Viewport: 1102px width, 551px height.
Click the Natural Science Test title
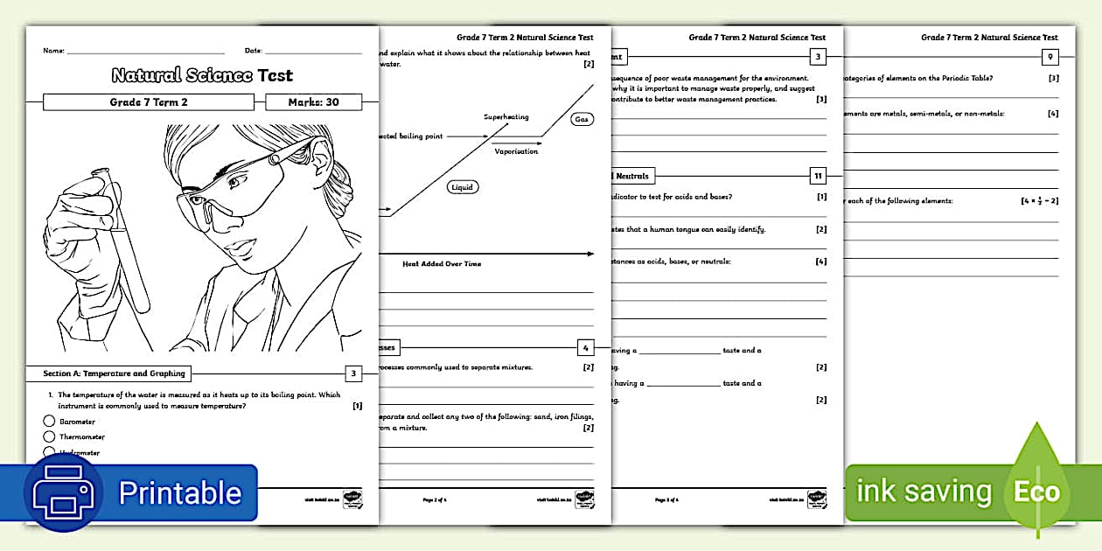202,75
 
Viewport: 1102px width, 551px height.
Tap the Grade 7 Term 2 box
148,102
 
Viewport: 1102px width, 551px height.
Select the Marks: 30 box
314,102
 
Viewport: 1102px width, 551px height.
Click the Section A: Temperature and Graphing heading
115,373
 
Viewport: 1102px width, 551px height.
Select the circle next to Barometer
49,421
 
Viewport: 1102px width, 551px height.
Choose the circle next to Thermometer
49,436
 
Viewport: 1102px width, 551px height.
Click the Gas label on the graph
581,119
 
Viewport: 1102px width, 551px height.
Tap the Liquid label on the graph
463,187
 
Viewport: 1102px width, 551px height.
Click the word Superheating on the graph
506,116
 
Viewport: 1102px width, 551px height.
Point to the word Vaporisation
516,151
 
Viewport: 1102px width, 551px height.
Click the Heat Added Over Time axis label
442,263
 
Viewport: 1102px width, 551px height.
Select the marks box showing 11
818,176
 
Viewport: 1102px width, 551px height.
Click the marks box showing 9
1050,58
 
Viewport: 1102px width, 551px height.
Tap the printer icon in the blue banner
63,492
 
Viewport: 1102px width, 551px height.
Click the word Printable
179,493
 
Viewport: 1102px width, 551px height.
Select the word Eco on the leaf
1036,492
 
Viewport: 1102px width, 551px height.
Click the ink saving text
924,492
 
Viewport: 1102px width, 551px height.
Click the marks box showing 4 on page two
586,347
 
